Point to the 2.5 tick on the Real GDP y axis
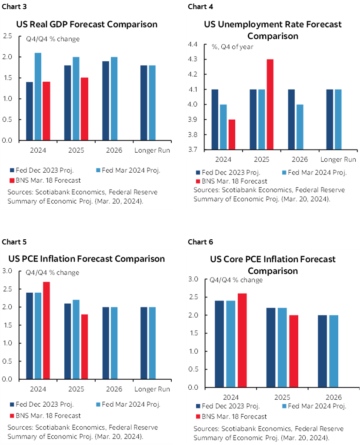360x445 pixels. [x=7, y=36]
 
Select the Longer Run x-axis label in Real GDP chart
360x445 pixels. [x=152, y=151]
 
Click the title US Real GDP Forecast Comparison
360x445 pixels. [x=87, y=24]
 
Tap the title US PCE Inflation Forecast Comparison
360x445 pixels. [x=87, y=259]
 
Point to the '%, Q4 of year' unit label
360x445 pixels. [x=233, y=47]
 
